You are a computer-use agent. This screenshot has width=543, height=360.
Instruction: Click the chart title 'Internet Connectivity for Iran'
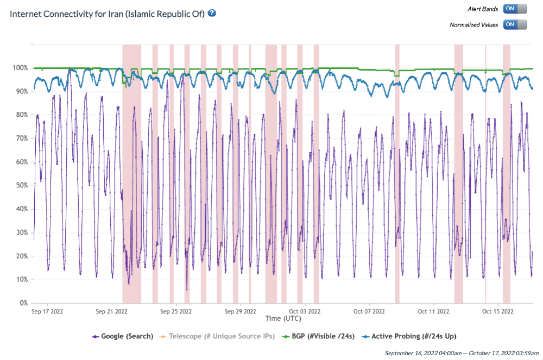pos(107,14)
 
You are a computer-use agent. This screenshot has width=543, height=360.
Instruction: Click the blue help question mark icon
pos(212,13)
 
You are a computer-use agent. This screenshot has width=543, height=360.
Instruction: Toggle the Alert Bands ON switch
pos(515,9)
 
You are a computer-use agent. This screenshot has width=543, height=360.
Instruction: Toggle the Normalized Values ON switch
pos(515,24)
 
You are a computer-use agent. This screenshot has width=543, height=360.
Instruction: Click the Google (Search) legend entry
pos(123,336)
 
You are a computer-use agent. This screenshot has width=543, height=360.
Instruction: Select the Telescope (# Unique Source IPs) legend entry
pos(217,336)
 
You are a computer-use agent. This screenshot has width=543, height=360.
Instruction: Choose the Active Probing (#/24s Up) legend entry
pos(406,336)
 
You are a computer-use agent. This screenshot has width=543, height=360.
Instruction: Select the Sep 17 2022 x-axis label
pos(48,312)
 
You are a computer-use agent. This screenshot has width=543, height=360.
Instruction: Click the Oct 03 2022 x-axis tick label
pos(305,312)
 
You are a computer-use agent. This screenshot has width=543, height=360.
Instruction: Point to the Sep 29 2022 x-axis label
pos(241,312)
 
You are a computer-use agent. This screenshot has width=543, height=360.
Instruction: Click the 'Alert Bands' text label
pos(483,9)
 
